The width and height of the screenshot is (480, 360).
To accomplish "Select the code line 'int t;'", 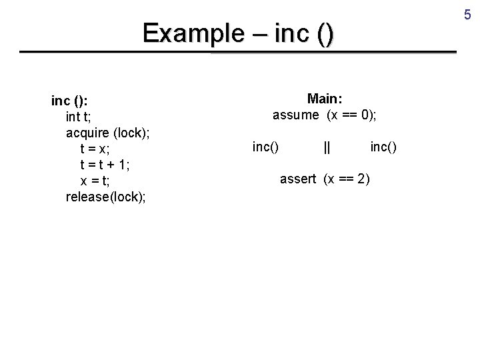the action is click(82, 117).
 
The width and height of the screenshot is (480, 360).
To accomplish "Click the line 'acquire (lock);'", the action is click(107, 133).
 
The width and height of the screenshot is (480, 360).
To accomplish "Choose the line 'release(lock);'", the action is click(107, 197).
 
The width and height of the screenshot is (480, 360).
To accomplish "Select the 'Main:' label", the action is click(325, 99).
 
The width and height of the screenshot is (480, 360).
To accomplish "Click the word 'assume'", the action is click(296, 115).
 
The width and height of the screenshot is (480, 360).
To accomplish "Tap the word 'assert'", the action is click(298, 179).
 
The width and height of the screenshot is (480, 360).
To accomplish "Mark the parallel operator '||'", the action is click(327, 147).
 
